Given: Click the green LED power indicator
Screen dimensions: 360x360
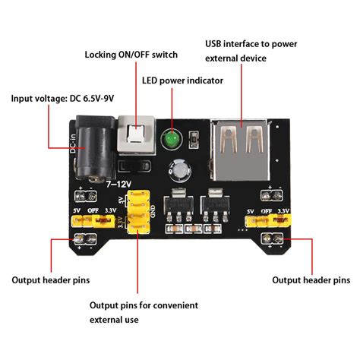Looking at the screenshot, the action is pyautogui.click(x=171, y=140).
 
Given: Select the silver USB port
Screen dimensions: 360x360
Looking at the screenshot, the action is pyautogui.click(x=240, y=150).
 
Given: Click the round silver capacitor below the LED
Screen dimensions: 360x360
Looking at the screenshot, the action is pyautogui.click(x=180, y=170).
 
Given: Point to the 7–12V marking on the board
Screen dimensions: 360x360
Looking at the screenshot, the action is pyautogui.click(x=118, y=185).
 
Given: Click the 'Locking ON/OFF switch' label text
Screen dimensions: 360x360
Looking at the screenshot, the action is pyautogui.click(x=131, y=55).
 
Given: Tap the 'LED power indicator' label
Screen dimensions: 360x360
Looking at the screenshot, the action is pyautogui.click(x=182, y=81).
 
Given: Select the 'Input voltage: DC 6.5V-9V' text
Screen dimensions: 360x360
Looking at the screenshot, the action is pyautogui.click(x=62, y=99).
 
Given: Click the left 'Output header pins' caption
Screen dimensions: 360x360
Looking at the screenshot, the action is pyautogui.click(x=51, y=280).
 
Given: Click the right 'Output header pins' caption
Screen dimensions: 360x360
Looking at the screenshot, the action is pyautogui.click(x=311, y=280).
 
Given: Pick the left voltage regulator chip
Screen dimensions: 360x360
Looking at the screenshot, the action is pyautogui.click(x=178, y=204).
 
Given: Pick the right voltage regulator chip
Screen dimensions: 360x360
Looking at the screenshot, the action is pyautogui.click(x=216, y=204).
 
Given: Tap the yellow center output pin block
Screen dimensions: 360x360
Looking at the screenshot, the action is pyautogui.click(x=138, y=212).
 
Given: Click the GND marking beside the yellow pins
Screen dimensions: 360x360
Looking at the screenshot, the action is pyautogui.click(x=153, y=211).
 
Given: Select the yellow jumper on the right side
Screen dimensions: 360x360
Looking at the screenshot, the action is pyautogui.click(x=268, y=220).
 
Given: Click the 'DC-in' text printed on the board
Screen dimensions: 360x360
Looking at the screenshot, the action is pyautogui.click(x=73, y=144).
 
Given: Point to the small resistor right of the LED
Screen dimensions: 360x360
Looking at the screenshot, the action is pyautogui.click(x=194, y=140).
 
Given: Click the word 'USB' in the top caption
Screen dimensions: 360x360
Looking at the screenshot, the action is pyautogui.click(x=213, y=44).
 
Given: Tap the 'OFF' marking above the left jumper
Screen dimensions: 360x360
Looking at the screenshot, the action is pyautogui.click(x=93, y=210).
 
